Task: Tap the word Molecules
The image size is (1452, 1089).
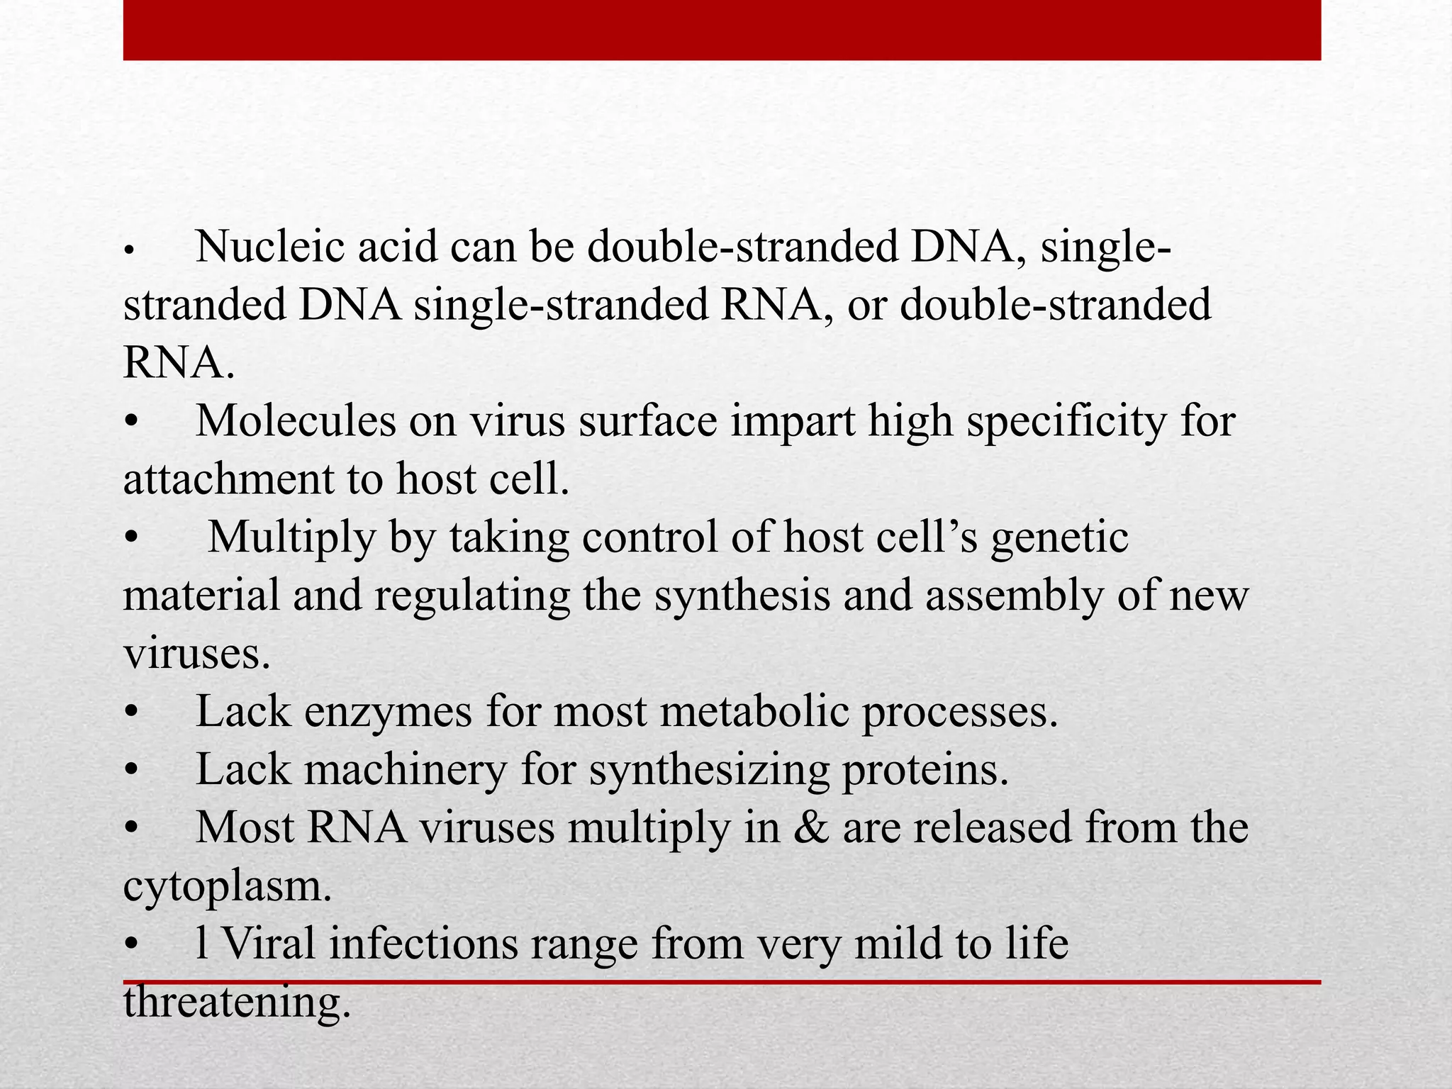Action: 296,421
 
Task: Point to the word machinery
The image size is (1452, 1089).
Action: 406,770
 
